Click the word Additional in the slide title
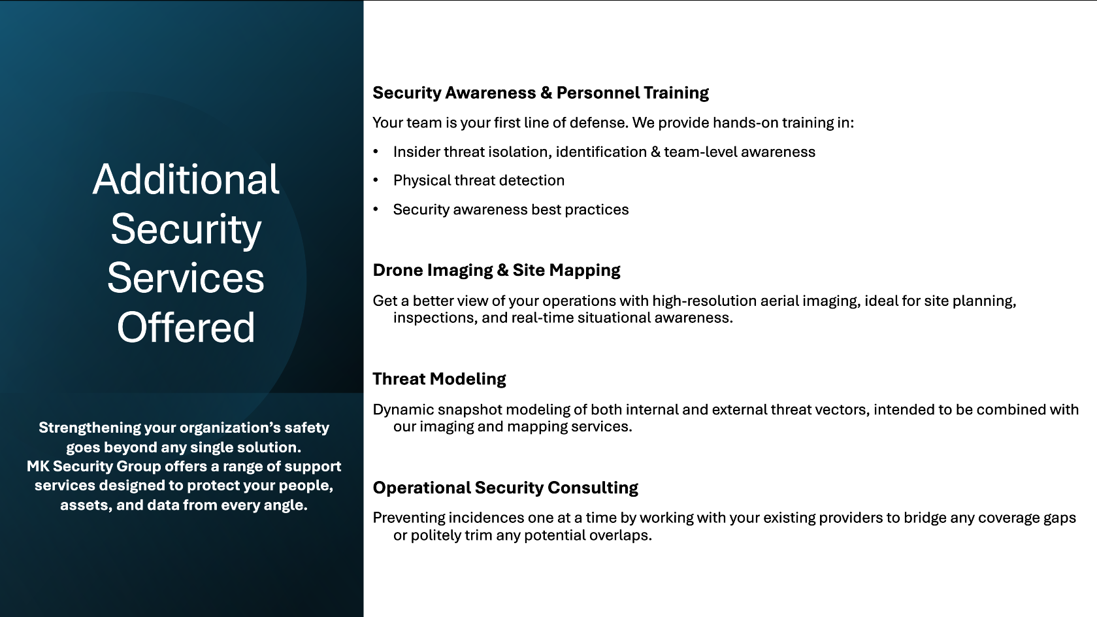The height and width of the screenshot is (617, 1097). [186, 179]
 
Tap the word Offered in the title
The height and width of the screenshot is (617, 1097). [186, 327]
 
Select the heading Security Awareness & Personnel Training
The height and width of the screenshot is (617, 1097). [541, 93]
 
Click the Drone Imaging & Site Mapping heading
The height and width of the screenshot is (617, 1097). [497, 270]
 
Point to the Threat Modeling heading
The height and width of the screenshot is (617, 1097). [439, 379]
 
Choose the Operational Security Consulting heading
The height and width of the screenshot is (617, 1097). [506, 488]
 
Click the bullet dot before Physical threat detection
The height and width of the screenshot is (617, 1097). [376, 180]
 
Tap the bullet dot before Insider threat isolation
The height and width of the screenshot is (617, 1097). [376, 152]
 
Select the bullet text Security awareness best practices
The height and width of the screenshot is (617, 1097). [511, 210]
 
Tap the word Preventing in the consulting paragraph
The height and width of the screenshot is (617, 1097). [408, 518]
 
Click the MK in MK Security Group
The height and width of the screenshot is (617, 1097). [38, 466]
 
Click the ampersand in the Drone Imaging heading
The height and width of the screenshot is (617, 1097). [502, 270]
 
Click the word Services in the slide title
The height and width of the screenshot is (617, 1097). [186, 278]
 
